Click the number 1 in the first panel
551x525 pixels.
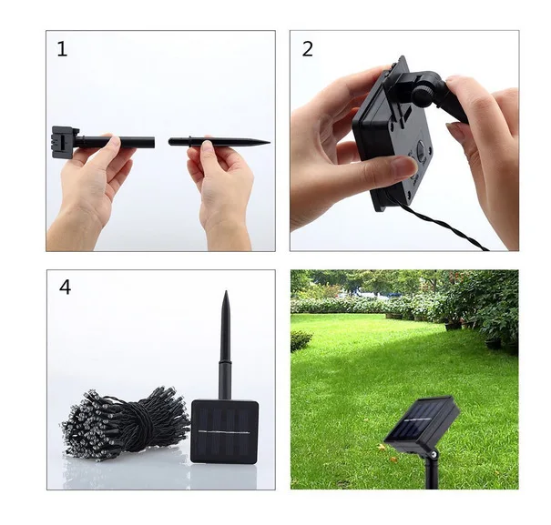click(x=62, y=49)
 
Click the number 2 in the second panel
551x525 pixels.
click(x=307, y=49)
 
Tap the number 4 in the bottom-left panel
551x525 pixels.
click(x=65, y=288)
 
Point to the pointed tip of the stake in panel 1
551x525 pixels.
click(x=270, y=143)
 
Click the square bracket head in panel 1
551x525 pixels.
click(x=65, y=142)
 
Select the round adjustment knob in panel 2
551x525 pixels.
click(x=423, y=94)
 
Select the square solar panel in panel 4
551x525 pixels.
click(x=225, y=431)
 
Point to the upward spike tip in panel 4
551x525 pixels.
click(x=226, y=292)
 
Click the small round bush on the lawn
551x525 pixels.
click(x=301, y=340)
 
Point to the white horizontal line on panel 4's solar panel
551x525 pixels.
click(x=224, y=432)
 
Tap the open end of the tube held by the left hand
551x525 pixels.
click(x=153, y=142)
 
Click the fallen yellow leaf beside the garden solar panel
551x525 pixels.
click(x=381, y=448)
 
